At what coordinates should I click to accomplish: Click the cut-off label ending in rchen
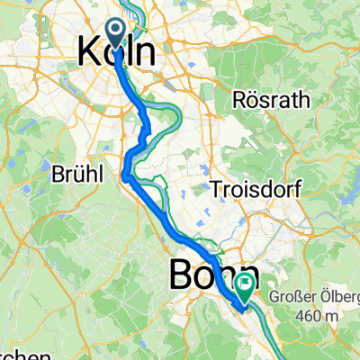point(18,352)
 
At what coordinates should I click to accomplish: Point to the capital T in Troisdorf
point(213,190)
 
